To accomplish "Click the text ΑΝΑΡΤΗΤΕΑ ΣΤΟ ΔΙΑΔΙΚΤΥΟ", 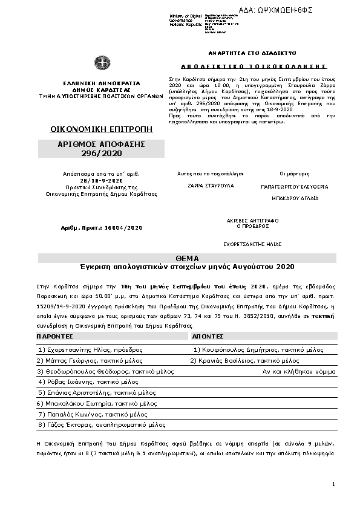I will (x=246, y=53).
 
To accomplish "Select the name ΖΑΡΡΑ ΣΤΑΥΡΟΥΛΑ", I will (x=201, y=186).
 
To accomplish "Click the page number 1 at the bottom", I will (x=333, y=484).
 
